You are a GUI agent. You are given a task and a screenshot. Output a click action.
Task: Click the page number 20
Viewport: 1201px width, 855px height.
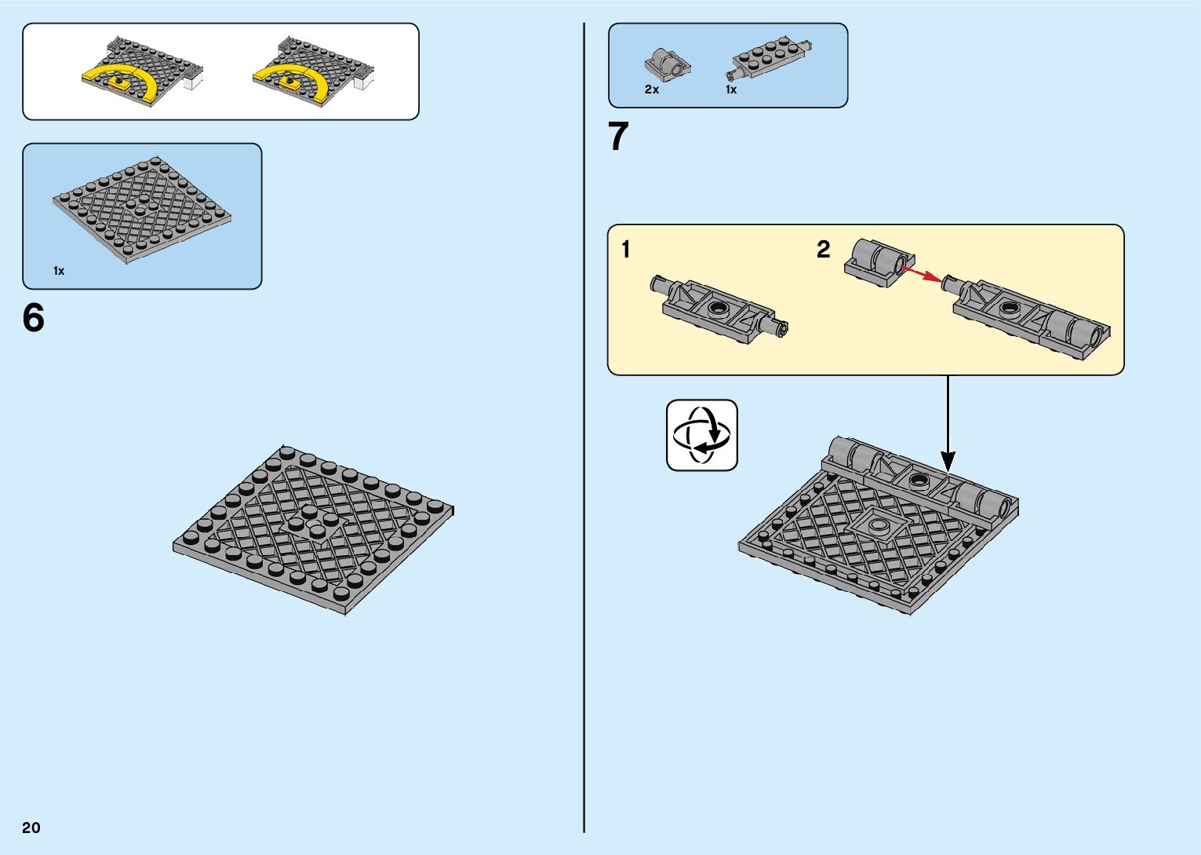pyautogui.click(x=31, y=828)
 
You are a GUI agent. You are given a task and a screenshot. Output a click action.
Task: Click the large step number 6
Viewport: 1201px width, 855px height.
pyautogui.click(x=34, y=318)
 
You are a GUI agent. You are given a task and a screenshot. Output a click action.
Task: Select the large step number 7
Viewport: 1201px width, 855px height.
pyautogui.click(x=618, y=137)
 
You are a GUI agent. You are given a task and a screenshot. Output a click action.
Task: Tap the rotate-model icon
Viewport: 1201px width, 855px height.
pyautogui.click(x=702, y=435)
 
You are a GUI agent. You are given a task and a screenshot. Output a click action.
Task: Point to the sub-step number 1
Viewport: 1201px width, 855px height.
pyautogui.click(x=625, y=250)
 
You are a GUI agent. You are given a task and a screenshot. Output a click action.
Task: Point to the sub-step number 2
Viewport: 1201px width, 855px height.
pyautogui.click(x=823, y=250)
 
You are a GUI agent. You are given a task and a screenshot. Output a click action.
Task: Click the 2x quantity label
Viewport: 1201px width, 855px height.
pyautogui.click(x=651, y=90)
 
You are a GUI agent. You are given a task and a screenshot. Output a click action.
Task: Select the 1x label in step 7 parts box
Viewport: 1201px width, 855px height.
pyautogui.click(x=730, y=90)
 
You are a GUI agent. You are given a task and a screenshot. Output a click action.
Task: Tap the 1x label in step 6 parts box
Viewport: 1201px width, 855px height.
pyautogui.click(x=59, y=271)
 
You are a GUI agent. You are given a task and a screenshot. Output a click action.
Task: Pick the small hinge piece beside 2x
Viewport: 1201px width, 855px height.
pyautogui.click(x=668, y=63)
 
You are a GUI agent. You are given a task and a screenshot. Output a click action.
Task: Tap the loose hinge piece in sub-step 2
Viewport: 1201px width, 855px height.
pyautogui.click(x=879, y=262)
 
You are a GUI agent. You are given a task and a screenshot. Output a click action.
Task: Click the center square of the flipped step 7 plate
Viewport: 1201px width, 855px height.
pyautogui.click(x=879, y=525)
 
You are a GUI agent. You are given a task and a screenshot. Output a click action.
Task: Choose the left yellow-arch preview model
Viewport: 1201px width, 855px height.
pyautogui.click(x=143, y=72)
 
